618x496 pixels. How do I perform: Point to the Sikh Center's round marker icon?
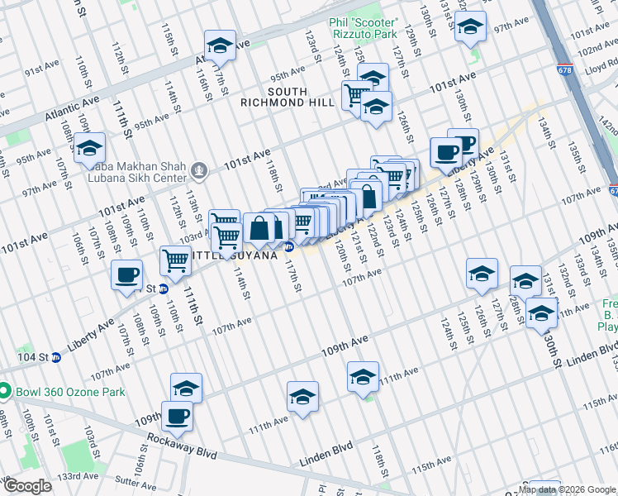click(x=198, y=171)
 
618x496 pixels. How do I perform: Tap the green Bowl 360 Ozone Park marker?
click(x=6, y=391)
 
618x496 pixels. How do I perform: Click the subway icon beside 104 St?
click(x=56, y=357)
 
